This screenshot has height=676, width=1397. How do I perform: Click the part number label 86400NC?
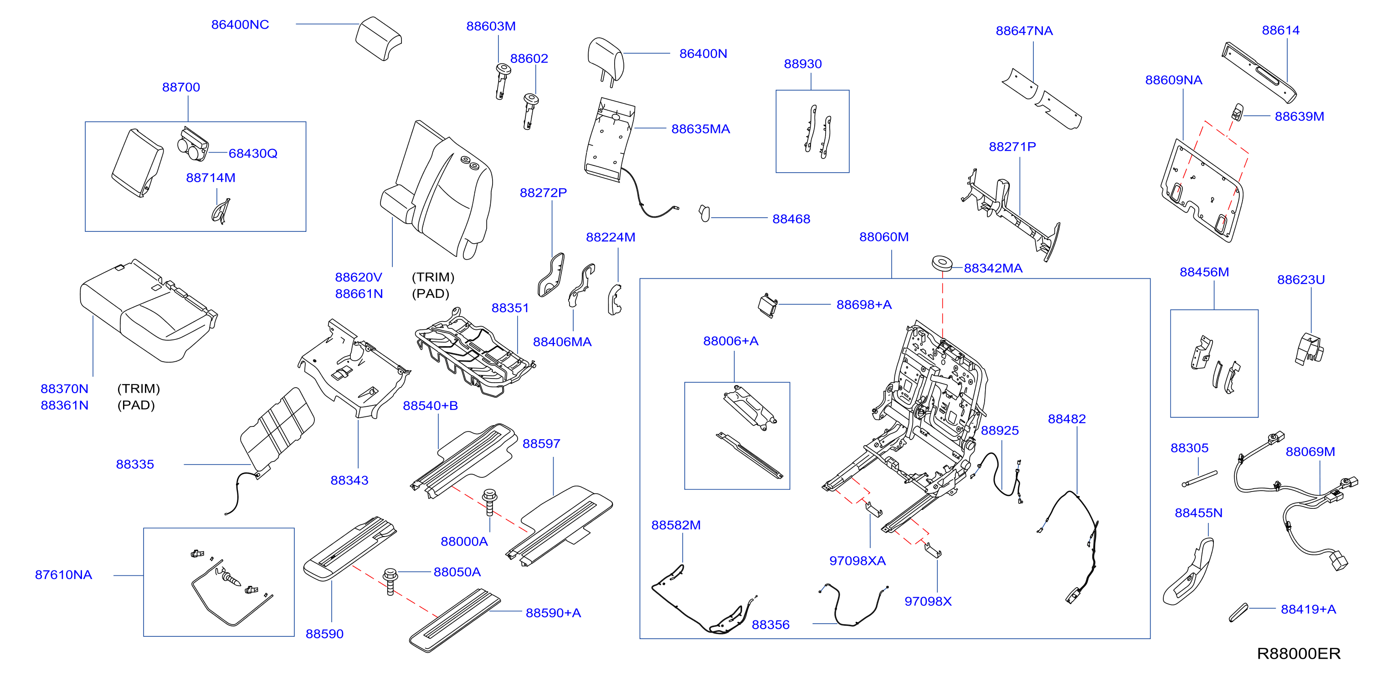click(240, 25)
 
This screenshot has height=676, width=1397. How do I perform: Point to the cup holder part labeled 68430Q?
click(193, 144)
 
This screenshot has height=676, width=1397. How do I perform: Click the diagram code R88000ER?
click(1298, 653)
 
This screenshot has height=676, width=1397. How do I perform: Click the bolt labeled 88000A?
click(489, 502)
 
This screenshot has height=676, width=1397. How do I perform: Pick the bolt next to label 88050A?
click(390, 581)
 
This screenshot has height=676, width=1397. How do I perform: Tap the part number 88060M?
click(884, 237)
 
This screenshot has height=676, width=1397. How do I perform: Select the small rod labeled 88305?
click(1200, 479)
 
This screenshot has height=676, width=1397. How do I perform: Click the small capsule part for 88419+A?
click(1238, 613)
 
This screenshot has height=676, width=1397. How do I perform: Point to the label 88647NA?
click(1024, 31)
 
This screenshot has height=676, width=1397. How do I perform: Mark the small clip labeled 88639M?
click(1238, 112)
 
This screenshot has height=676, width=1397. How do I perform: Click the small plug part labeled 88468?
click(704, 213)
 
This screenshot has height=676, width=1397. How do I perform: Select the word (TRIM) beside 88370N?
click(139, 389)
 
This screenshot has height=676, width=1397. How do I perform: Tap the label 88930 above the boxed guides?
click(803, 63)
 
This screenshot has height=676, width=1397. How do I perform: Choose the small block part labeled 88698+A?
click(767, 305)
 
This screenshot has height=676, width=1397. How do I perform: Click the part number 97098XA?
click(858, 561)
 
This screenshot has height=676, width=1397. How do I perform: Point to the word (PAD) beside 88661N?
click(431, 294)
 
